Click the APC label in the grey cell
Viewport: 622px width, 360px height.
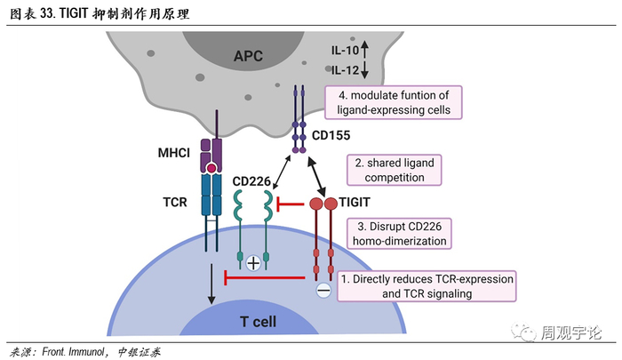click(249, 56)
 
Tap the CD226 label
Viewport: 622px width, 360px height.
click(251, 182)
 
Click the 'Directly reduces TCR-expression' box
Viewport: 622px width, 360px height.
click(427, 285)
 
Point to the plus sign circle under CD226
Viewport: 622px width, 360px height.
click(254, 262)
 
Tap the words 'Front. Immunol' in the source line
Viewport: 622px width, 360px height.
click(75, 350)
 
